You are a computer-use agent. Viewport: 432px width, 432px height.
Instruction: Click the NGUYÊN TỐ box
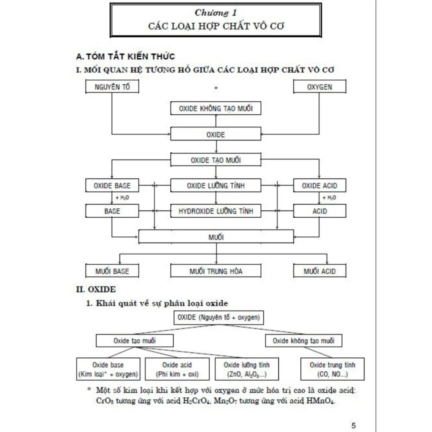tap(112, 87)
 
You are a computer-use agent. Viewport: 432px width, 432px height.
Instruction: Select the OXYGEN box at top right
tap(319, 87)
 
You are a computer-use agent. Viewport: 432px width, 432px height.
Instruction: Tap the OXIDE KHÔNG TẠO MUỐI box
tap(216, 108)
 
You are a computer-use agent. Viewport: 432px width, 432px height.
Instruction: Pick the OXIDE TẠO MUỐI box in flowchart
tap(216, 160)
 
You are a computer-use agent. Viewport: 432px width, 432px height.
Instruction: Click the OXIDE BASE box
tap(112, 185)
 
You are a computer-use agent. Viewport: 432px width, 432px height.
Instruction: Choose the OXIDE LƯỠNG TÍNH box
tap(216, 185)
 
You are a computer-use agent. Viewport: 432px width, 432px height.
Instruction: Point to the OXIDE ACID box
tap(319, 185)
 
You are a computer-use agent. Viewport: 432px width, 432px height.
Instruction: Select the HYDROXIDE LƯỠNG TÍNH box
tap(216, 211)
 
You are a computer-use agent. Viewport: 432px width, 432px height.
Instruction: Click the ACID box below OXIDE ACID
tap(319, 211)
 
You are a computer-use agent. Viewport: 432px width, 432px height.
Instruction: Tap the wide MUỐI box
tap(216, 237)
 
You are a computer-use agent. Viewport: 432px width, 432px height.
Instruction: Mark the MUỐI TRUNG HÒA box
tap(216, 271)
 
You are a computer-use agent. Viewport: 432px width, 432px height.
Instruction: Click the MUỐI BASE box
tap(112, 271)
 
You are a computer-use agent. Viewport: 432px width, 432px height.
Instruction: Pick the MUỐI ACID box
tap(319, 271)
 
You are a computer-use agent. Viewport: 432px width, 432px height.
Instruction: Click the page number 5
tap(353, 425)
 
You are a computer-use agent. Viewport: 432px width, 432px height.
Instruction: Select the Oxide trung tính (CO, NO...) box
tap(332, 370)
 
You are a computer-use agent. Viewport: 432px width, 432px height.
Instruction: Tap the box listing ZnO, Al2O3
tap(246, 370)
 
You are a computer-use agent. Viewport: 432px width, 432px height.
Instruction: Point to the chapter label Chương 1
tap(216, 13)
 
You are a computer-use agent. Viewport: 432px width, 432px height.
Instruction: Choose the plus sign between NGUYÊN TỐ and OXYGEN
tap(216, 88)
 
